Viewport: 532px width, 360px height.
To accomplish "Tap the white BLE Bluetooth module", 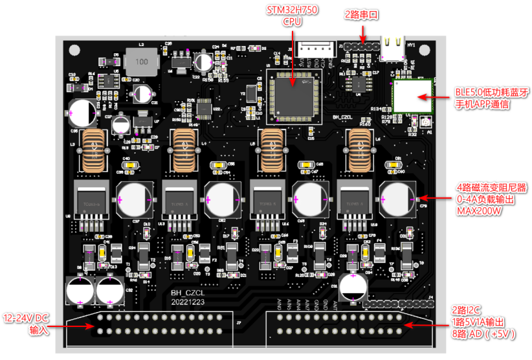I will (x=412, y=96).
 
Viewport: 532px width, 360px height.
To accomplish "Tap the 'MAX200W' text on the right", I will (x=480, y=211).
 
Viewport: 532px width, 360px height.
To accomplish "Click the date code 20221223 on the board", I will (x=188, y=302).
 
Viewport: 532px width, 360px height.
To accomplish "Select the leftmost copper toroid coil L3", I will (x=94, y=149).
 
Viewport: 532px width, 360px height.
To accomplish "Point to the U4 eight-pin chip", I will (x=357, y=84).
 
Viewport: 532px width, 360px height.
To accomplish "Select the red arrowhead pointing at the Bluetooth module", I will (x=423, y=97).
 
